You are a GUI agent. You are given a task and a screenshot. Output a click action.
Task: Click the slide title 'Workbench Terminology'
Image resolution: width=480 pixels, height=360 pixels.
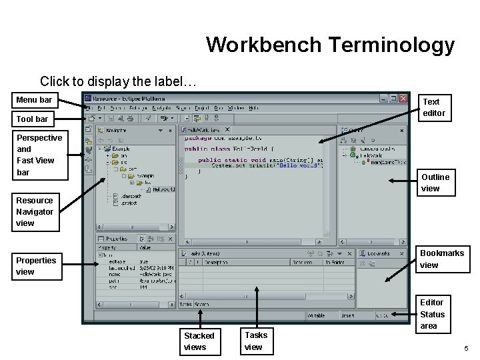click(x=330, y=45)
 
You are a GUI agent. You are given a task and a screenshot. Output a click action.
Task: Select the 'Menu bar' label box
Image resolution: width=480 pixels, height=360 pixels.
click(x=34, y=101)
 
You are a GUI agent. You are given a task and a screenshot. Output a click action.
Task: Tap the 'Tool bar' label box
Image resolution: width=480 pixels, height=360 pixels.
click(x=33, y=119)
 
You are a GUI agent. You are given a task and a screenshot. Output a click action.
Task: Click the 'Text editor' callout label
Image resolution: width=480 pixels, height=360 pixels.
click(x=433, y=107)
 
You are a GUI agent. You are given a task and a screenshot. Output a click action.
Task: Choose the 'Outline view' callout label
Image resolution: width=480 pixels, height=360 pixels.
click(x=435, y=183)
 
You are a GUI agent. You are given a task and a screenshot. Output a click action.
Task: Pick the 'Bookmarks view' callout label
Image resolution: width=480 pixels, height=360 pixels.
click(x=441, y=259)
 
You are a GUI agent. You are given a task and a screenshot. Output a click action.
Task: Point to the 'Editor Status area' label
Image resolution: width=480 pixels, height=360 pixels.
click(x=432, y=314)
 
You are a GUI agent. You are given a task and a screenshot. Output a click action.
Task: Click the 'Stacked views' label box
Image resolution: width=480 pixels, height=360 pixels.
click(x=199, y=341)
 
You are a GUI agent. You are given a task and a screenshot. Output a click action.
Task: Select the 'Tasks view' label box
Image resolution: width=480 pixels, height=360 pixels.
click(x=255, y=341)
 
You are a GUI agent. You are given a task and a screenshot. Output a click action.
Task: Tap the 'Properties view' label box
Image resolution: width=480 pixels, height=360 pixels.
click(x=36, y=265)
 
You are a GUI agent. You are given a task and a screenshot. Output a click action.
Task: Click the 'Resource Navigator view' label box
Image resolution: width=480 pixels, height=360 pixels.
click(x=35, y=211)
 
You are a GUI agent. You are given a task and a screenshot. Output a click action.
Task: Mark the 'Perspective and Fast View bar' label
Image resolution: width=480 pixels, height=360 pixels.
click(x=39, y=155)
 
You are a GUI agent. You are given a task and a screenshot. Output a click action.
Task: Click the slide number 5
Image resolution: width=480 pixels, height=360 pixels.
click(x=467, y=349)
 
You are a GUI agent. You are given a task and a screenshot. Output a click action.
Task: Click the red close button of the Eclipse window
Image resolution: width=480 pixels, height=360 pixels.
click(x=402, y=99)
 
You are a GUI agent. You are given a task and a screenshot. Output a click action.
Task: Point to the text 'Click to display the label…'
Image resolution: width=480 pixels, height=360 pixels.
click(x=118, y=81)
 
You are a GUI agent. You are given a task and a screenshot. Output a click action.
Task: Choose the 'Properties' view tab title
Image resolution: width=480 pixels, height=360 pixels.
click(x=116, y=238)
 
